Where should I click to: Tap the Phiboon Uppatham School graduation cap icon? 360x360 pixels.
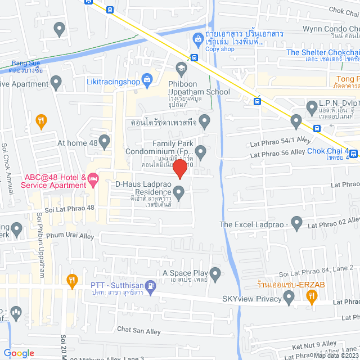tap(181, 69)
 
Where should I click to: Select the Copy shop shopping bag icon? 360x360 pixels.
tap(197, 39)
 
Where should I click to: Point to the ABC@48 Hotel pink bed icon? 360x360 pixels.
tap(94, 179)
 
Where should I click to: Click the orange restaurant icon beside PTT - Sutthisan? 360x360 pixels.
tap(71, 280)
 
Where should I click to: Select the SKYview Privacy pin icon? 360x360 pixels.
tap(289, 299)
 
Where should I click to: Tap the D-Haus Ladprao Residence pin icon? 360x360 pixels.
tap(179, 193)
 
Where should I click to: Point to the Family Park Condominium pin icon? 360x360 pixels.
tap(201, 151)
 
